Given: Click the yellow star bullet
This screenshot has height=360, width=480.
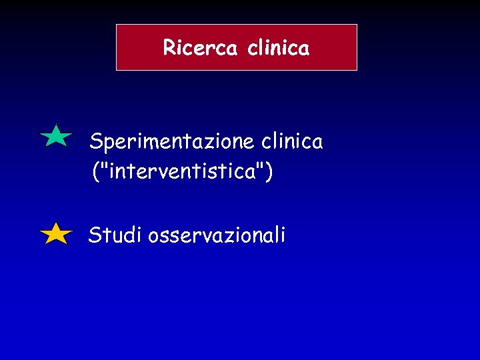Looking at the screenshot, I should pos(56,235).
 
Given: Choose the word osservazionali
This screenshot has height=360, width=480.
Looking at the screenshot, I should pos(217,235).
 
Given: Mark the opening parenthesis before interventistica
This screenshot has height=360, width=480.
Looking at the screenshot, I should pos(95,173).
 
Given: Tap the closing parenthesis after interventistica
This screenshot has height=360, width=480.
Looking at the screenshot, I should pos(269,173).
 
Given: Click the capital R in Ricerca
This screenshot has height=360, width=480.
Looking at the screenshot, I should pos(169,48).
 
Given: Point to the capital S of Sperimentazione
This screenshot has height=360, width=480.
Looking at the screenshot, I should pos(95,141).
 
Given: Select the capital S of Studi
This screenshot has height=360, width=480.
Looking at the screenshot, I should pos(95,235).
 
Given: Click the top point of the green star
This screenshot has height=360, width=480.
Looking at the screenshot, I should pos(56,125).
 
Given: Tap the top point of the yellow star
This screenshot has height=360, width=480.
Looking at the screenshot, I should pos(56,223).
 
